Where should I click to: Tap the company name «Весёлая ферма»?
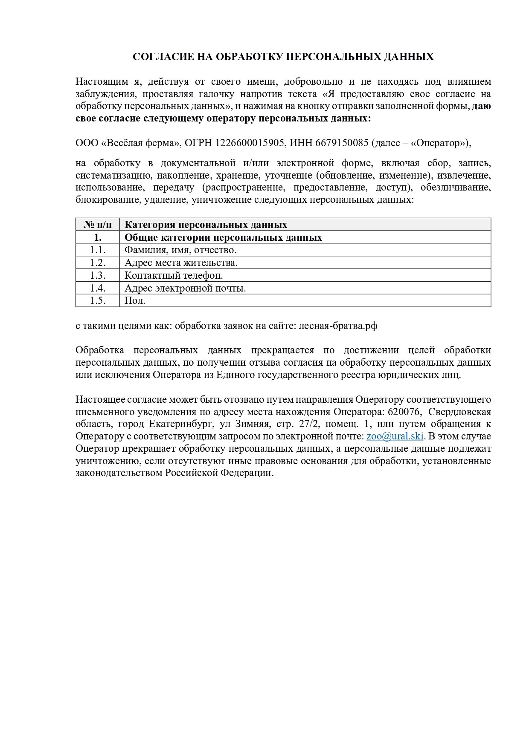(x=141, y=143)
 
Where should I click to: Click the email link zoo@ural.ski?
(x=395, y=436)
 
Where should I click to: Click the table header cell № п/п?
(x=97, y=225)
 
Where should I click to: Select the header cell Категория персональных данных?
(x=206, y=225)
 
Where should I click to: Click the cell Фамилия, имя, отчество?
(x=180, y=250)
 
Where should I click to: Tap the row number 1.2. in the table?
(x=97, y=263)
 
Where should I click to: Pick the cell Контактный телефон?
(x=174, y=275)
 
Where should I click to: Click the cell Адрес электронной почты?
(x=185, y=288)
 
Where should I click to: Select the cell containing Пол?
(x=135, y=300)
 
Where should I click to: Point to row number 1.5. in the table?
(x=97, y=300)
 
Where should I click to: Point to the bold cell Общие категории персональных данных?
(x=223, y=237)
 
